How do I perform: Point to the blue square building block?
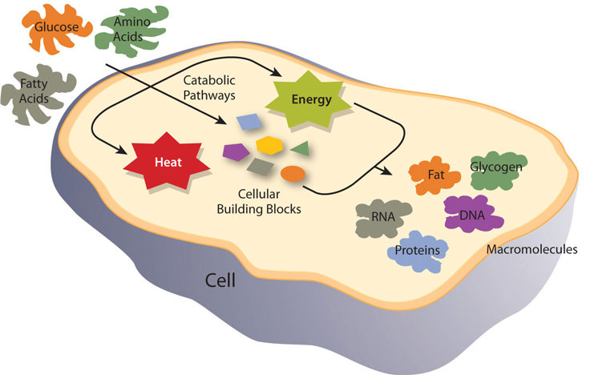(x=248, y=121)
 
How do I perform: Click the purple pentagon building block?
(x=234, y=149)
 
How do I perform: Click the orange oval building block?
(x=292, y=172)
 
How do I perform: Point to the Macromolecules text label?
(x=531, y=249)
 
